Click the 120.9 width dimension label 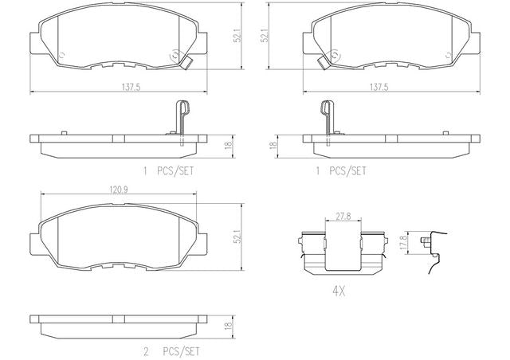coord(119,190)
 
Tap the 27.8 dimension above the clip coord(343,217)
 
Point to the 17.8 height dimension coord(404,243)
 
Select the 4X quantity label coord(339,292)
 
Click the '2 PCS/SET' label coord(171,351)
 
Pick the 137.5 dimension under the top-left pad coord(131,87)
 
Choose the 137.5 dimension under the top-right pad coord(379,87)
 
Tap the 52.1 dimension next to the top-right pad coord(265,35)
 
